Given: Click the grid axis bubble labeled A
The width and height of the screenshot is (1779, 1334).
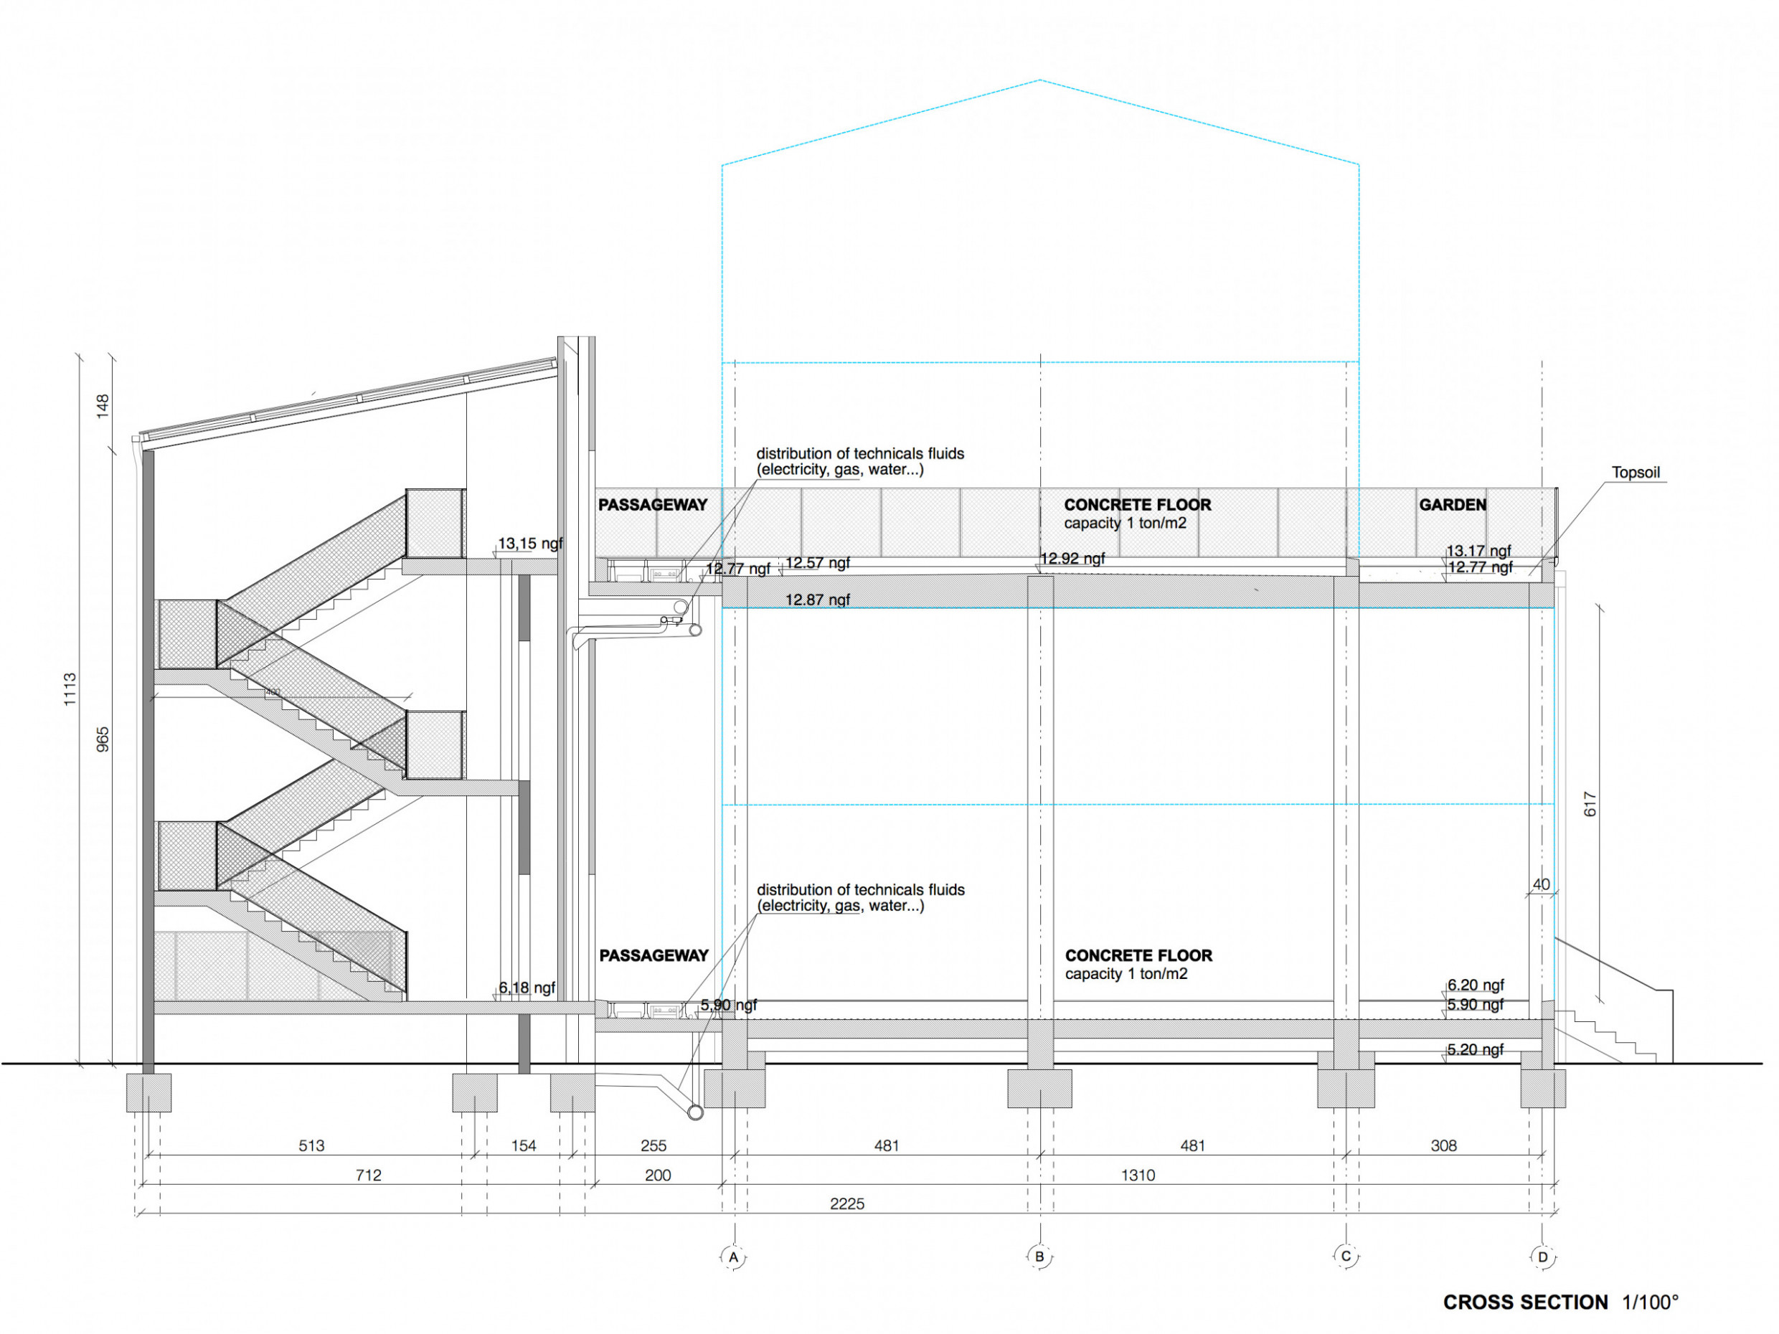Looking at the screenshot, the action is pyautogui.click(x=732, y=1257).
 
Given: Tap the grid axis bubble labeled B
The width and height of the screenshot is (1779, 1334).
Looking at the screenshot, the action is pyautogui.click(x=1040, y=1257).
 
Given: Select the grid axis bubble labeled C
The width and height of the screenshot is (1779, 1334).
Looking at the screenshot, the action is pyautogui.click(x=1346, y=1256).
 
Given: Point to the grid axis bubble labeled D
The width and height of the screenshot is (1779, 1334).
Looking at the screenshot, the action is pyautogui.click(x=1542, y=1257).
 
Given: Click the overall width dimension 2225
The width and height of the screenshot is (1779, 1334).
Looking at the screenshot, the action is pyautogui.click(x=847, y=1203).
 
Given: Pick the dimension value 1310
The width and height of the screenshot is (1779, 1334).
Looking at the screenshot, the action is pyautogui.click(x=1138, y=1175).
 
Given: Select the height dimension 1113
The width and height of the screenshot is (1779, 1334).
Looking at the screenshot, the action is pyautogui.click(x=70, y=690).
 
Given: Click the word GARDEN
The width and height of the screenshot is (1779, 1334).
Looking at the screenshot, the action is pyautogui.click(x=1453, y=505).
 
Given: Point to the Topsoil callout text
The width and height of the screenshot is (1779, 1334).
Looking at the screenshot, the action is pyautogui.click(x=1636, y=472).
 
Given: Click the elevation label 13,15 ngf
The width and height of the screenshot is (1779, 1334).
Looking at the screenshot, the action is pyautogui.click(x=530, y=544).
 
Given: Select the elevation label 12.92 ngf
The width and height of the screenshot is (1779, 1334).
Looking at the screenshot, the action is pyautogui.click(x=1073, y=558).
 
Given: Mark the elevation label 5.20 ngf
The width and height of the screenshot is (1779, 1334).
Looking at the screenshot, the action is pyautogui.click(x=1476, y=1049).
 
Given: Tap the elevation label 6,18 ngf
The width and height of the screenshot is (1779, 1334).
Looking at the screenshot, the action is pyautogui.click(x=527, y=988).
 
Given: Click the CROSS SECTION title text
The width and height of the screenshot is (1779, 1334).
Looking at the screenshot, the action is pyautogui.click(x=1526, y=1302).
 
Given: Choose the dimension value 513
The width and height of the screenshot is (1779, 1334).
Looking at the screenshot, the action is pyautogui.click(x=311, y=1146).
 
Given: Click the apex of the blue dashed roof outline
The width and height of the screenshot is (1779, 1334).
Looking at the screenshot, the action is pyautogui.click(x=1040, y=80).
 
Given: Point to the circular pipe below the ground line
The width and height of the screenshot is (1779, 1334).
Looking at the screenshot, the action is pyautogui.click(x=696, y=1113).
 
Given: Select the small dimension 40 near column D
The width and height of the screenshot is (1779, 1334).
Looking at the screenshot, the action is pyautogui.click(x=1541, y=884).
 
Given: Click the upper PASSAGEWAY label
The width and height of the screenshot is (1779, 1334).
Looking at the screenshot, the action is pyautogui.click(x=652, y=505).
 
